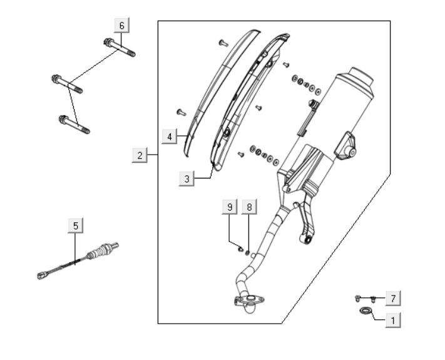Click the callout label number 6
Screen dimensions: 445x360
[x=122, y=26]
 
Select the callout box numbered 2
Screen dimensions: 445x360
[x=140, y=155]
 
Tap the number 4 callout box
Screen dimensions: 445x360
[x=170, y=136]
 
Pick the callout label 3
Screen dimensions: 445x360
[x=187, y=179]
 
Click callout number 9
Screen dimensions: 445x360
[x=230, y=207]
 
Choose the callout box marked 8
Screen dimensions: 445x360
[x=249, y=207]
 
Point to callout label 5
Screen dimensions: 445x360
[x=76, y=226]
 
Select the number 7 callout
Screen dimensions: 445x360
[x=393, y=299]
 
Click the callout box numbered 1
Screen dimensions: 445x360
[x=393, y=321]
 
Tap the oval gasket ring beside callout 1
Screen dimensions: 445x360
[x=366, y=311]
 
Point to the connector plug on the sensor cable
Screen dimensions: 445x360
[x=42, y=275]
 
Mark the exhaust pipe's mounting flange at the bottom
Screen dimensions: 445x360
[x=250, y=300]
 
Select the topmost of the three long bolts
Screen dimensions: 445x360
[x=120, y=48]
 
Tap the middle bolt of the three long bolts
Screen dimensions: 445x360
[x=67, y=84]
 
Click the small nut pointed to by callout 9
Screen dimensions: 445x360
[x=240, y=249]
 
